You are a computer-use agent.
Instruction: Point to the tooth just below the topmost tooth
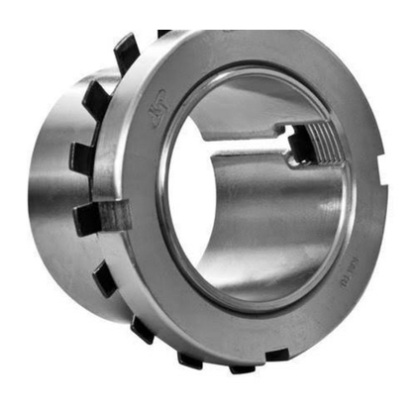click(97, 96)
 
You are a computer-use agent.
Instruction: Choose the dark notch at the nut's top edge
click(163, 34)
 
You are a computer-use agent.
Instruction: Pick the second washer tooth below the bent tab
click(142, 328)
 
